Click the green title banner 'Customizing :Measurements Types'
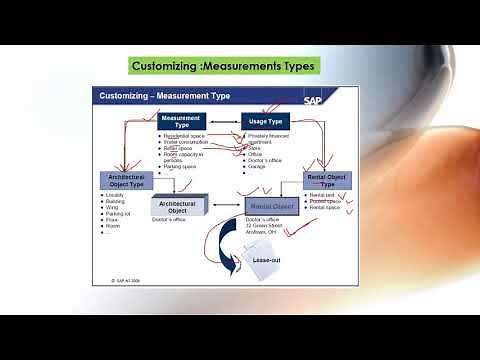click(225, 67)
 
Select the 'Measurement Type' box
click(180, 122)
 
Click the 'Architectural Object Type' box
click(126, 181)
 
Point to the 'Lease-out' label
click(266, 258)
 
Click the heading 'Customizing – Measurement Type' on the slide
click(161, 96)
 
